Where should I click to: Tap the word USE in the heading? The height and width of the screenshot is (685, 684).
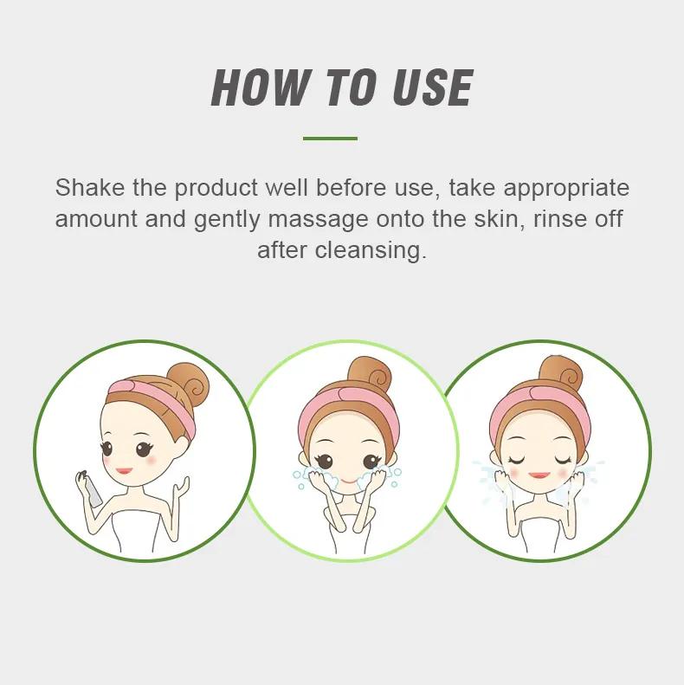pyautogui.click(x=432, y=87)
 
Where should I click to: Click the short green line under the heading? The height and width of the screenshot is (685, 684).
pyautogui.click(x=330, y=139)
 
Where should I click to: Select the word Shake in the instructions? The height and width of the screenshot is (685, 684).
pyautogui.click(x=89, y=187)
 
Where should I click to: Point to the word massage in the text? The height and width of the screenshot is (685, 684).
pyautogui.click(x=318, y=220)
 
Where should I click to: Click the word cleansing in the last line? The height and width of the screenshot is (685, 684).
pyautogui.click(x=371, y=251)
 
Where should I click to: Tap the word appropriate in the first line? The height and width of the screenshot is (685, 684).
pyautogui.click(x=566, y=189)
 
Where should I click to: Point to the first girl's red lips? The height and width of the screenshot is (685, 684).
pyautogui.click(x=124, y=471)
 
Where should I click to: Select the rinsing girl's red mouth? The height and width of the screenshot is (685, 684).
pyautogui.click(x=539, y=475)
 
